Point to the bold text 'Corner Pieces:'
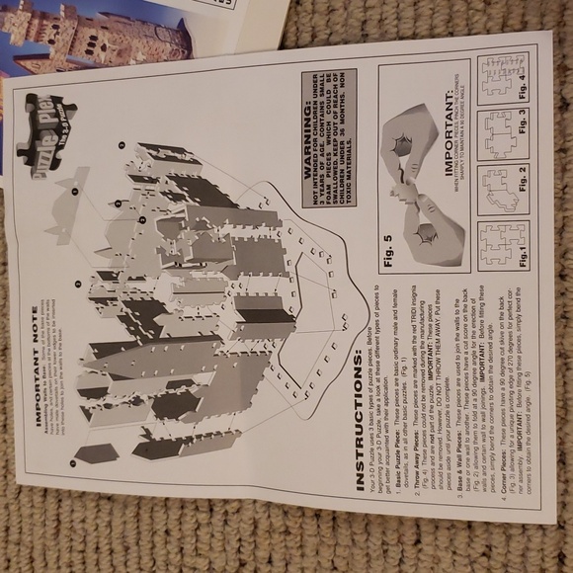click(x=508, y=464)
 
